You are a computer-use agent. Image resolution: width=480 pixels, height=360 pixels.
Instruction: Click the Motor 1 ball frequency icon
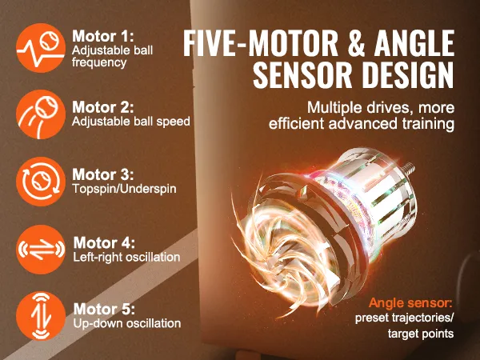41,48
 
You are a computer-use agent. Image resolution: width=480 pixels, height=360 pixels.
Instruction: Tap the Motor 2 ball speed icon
41,114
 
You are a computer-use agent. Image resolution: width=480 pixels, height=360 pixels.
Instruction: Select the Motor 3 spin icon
41,182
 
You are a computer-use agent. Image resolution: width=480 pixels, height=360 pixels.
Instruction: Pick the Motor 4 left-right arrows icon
41,249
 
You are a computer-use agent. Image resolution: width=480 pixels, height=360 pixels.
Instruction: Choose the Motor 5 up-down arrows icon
41,316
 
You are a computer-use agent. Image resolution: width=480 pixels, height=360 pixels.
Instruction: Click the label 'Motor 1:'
103,36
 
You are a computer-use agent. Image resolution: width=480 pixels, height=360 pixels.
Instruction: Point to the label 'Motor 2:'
103,107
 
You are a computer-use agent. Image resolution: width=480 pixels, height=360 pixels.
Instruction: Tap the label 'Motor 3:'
103,174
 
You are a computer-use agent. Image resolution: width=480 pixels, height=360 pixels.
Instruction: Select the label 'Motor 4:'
104,242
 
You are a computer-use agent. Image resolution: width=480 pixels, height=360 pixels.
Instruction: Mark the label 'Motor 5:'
104,309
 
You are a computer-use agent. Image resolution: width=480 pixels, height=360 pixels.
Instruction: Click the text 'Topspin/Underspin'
124,189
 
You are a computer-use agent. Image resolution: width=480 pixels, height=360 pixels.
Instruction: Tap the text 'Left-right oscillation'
126,257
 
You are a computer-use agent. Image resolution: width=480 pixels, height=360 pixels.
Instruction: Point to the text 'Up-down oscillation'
127,323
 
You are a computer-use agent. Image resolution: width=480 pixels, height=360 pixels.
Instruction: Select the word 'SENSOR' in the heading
302,75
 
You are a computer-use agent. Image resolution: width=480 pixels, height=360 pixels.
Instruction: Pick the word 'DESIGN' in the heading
408,75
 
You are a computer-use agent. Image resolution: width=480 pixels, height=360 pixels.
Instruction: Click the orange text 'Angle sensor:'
410,303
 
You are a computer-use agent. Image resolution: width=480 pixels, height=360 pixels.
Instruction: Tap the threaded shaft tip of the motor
409,168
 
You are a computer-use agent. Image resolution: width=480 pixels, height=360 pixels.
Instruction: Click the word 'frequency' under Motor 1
99,62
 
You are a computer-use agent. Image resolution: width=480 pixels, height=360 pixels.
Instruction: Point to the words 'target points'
421,334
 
